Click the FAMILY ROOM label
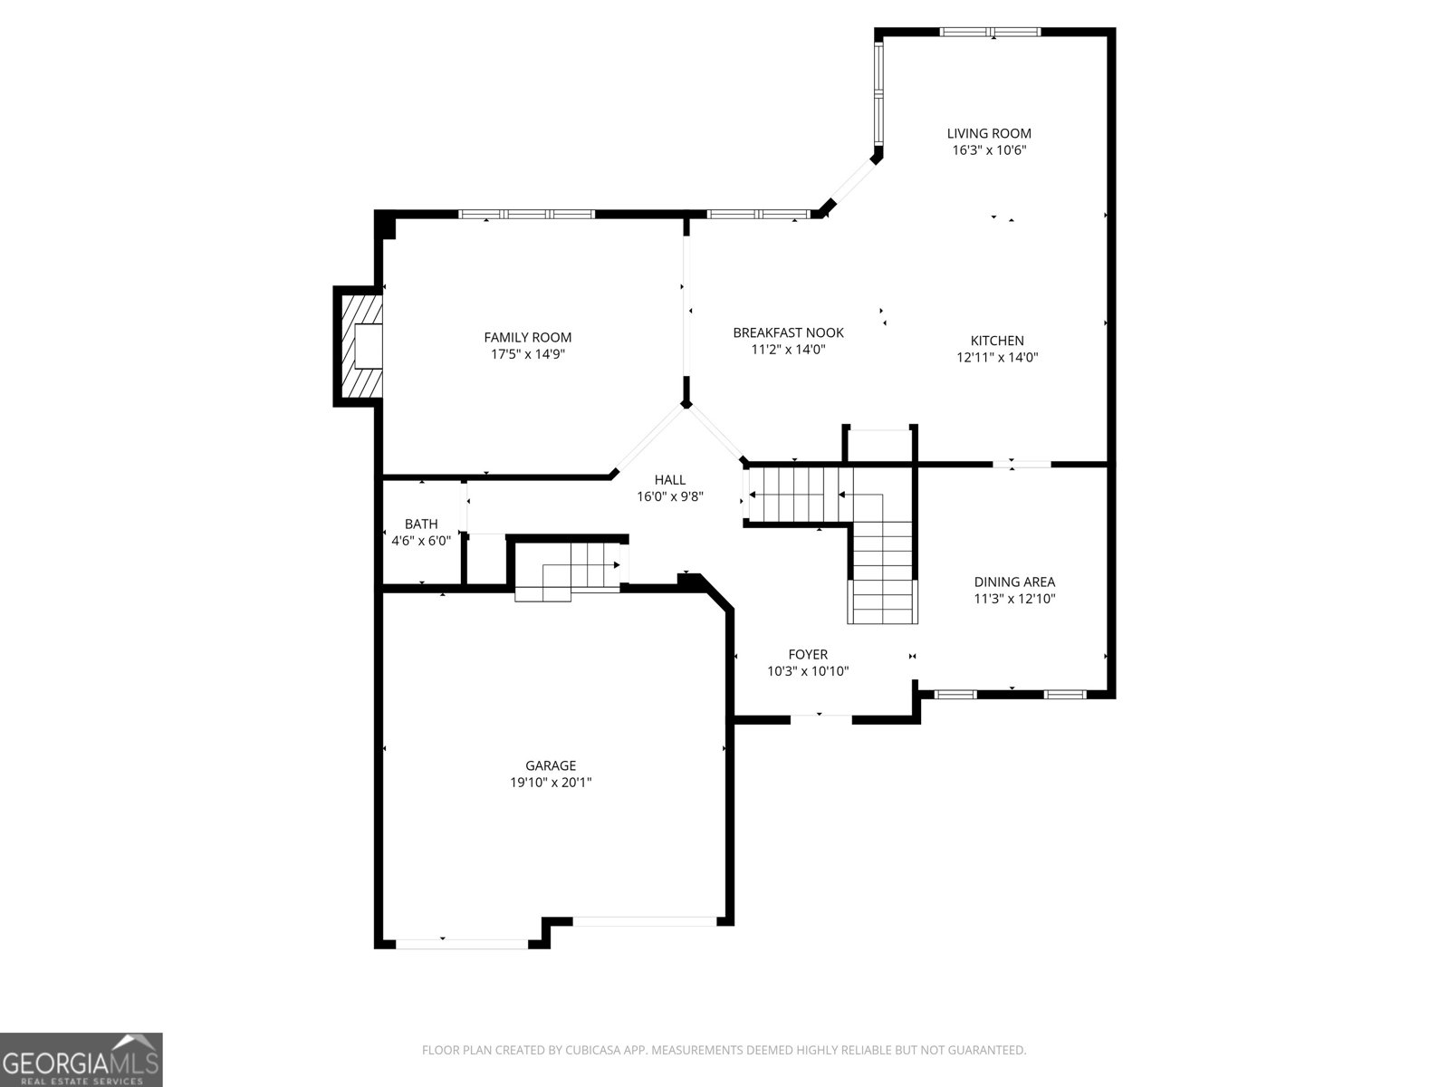527,338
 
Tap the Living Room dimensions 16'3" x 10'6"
989,150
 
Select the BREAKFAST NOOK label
788,332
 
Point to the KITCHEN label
997,341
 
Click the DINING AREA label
1014,582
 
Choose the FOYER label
808,654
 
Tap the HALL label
670,479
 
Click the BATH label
421,524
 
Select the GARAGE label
551,765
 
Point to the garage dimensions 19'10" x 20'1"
551,783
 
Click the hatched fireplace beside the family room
360,346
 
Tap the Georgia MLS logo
82,1059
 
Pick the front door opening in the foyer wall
821,717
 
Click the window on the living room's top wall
991,33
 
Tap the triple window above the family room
526,215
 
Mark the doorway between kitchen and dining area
1022,465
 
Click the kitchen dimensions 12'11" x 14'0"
997,357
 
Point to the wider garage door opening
645,921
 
